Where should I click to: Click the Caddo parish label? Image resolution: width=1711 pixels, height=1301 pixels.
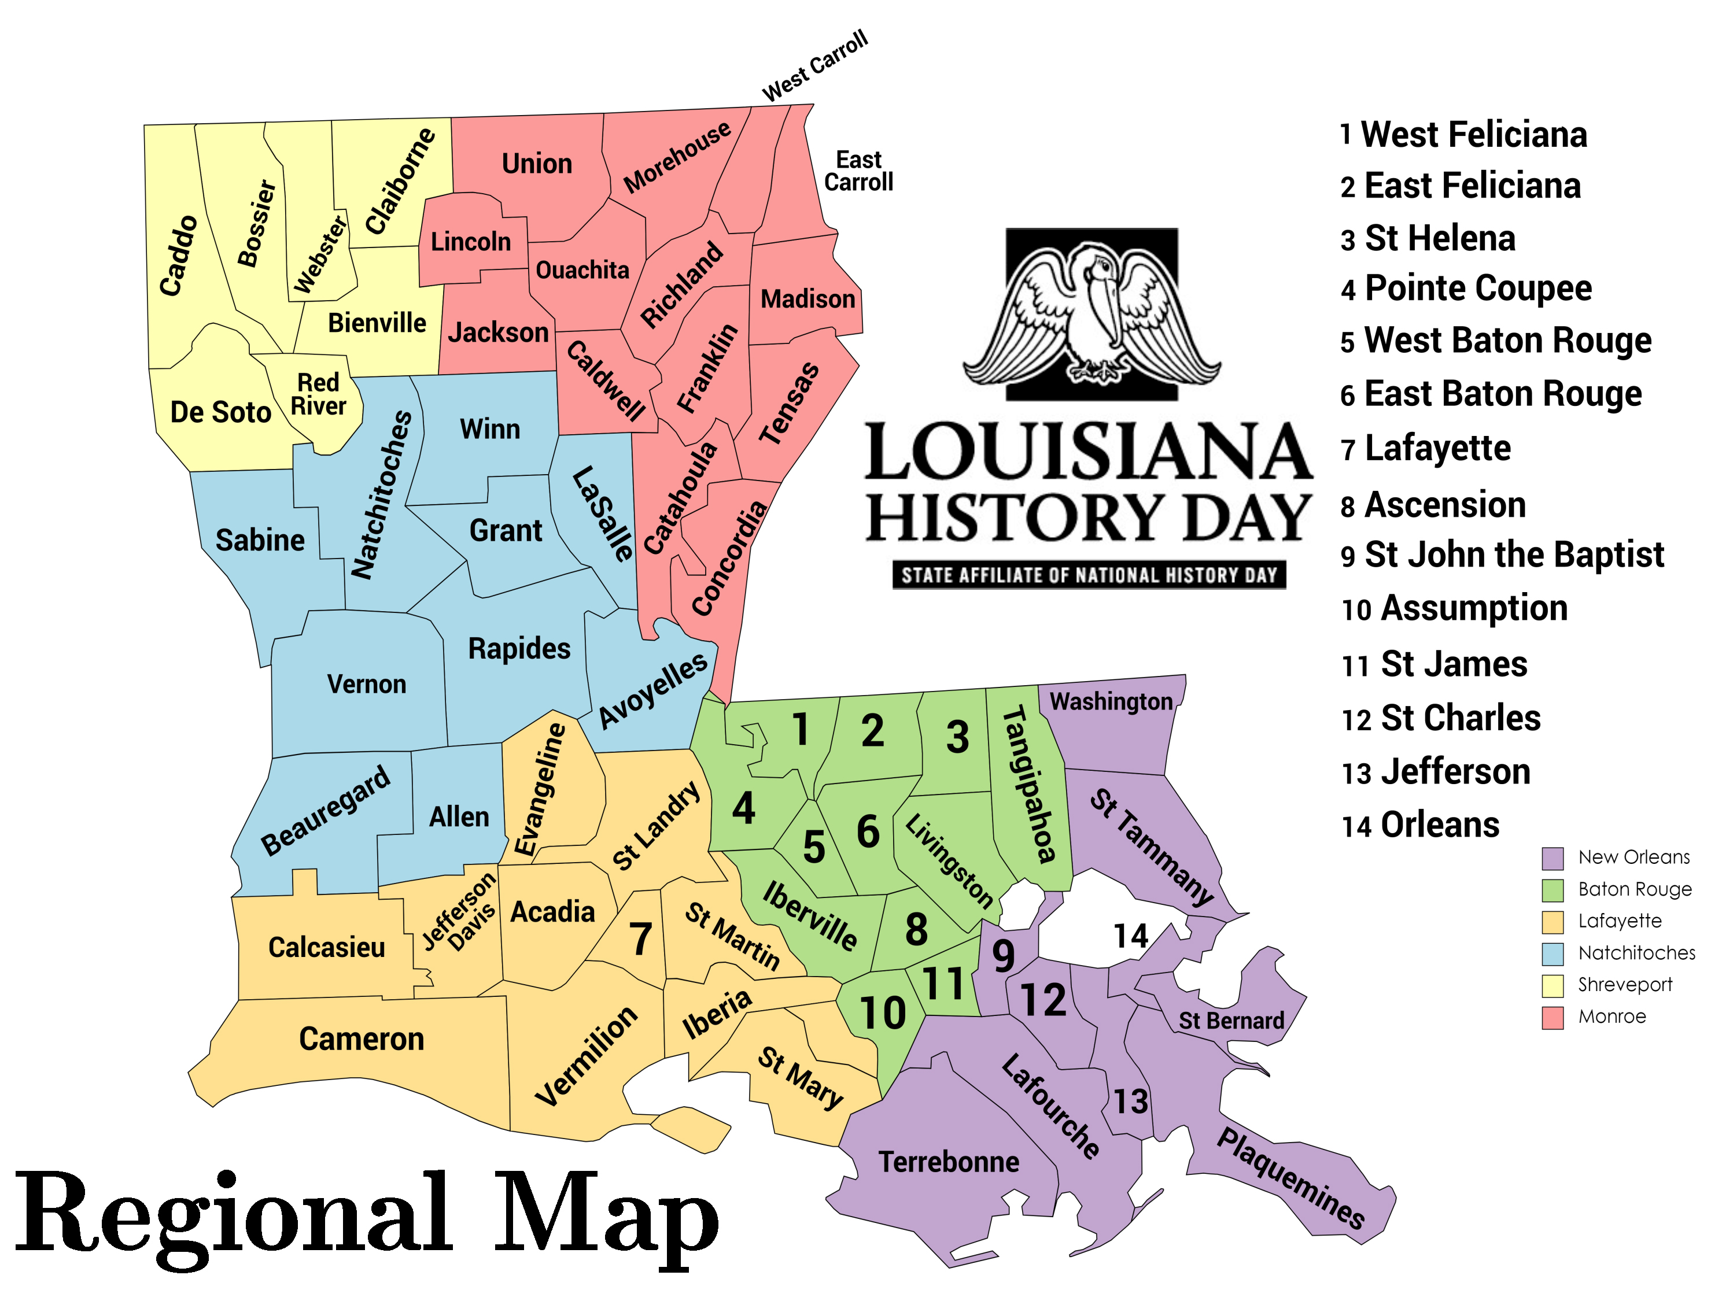coord(178,256)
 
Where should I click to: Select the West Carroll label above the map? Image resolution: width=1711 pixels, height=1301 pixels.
coord(815,66)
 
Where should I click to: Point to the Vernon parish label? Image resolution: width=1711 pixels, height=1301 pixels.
coord(366,685)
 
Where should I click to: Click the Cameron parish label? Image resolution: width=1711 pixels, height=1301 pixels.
coord(362,1039)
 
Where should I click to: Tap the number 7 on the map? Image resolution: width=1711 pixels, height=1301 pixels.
coord(640,940)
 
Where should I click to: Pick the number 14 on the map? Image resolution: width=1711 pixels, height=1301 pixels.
coord(1131,936)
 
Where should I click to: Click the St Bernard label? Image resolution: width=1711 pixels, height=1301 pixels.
coord(1231,1021)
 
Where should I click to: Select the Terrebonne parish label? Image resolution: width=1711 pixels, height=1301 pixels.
coord(949,1162)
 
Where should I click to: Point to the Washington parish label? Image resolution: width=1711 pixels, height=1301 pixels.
coord(1111,701)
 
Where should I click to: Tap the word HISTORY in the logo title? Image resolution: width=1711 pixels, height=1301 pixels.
coord(1015,519)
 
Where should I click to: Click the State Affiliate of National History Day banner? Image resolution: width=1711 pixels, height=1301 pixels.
coord(1089,575)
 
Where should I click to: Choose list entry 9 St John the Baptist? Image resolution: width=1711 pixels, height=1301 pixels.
coord(1503,555)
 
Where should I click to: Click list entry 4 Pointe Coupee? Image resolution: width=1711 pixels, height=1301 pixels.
coord(1466,288)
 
